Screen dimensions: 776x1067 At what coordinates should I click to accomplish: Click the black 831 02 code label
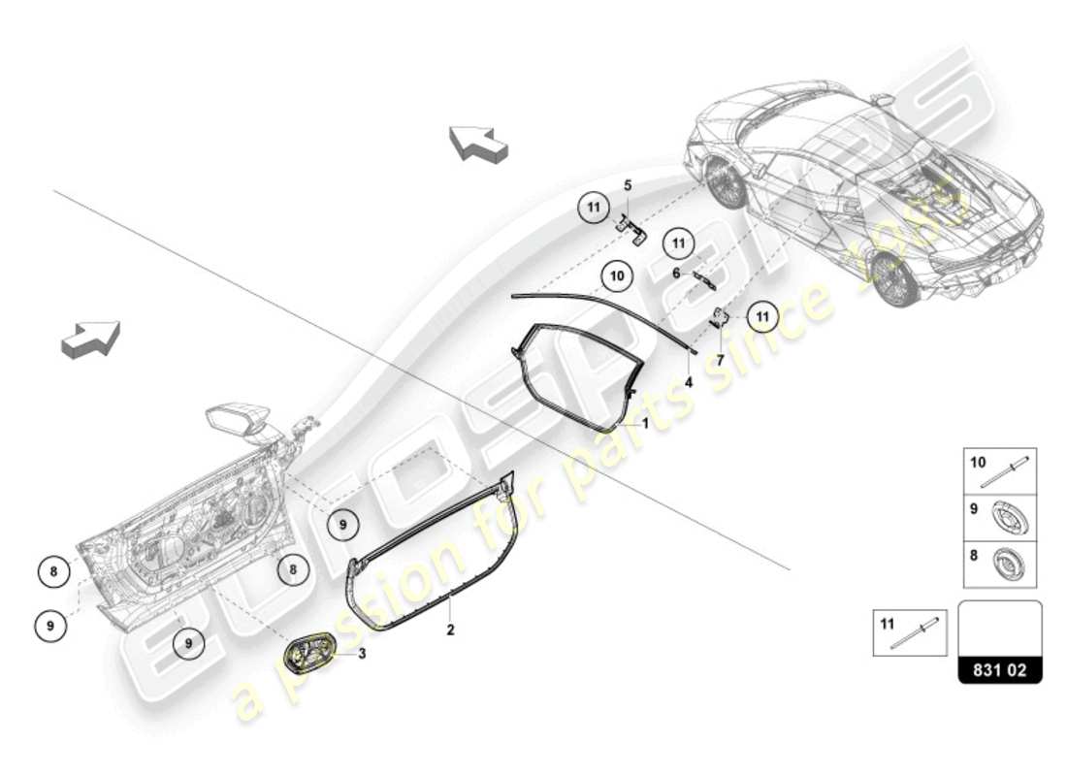(1000, 670)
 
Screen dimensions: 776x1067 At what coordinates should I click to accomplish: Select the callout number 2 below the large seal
(450, 630)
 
